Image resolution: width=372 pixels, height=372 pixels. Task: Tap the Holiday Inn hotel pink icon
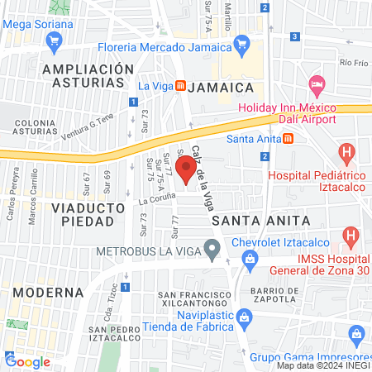click(316, 85)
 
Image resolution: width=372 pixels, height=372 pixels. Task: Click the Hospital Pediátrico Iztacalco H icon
click(347, 153)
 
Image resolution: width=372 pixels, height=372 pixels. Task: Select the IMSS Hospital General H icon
click(352, 239)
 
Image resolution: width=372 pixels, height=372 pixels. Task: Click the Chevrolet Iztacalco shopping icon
click(249, 261)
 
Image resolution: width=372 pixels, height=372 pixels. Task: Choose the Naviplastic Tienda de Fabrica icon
click(243, 317)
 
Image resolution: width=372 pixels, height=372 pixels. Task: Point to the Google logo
click(27, 361)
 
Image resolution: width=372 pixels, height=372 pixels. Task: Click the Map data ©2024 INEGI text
click(322, 365)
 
